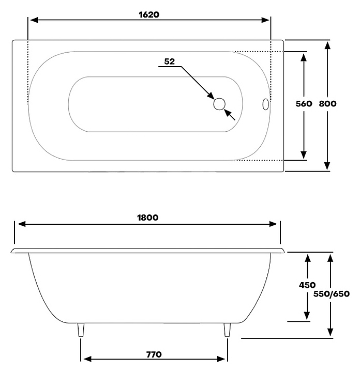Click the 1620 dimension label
coord(149,14)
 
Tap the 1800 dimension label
coord(147,218)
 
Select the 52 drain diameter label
coord(169,61)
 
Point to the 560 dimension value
coord(304,104)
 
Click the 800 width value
coord(327,104)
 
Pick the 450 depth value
coord(307,285)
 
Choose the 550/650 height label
coord(332,294)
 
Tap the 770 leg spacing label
coord(154,354)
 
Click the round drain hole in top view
coord(219,104)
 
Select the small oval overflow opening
coord(265,104)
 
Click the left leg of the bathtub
coord(81,330)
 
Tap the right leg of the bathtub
coord(227,330)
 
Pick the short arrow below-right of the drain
coord(229,115)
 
